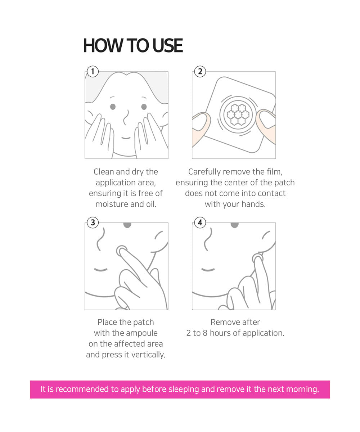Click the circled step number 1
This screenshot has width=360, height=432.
[93, 71]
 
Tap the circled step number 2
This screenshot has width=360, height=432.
[200, 71]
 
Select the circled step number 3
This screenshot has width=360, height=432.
[93, 222]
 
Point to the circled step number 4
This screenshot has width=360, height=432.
[200, 222]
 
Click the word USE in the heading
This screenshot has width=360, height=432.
[167, 45]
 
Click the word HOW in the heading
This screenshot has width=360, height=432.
[103, 45]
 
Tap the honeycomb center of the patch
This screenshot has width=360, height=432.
[238, 114]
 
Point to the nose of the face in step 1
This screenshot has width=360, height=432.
[125, 117]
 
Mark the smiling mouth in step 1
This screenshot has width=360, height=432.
[126, 138]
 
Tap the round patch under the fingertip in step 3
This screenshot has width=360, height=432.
[122, 251]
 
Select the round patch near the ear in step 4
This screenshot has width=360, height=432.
[258, 258]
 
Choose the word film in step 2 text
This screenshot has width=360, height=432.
[275, 172]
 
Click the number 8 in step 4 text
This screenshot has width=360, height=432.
[205, 333]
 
